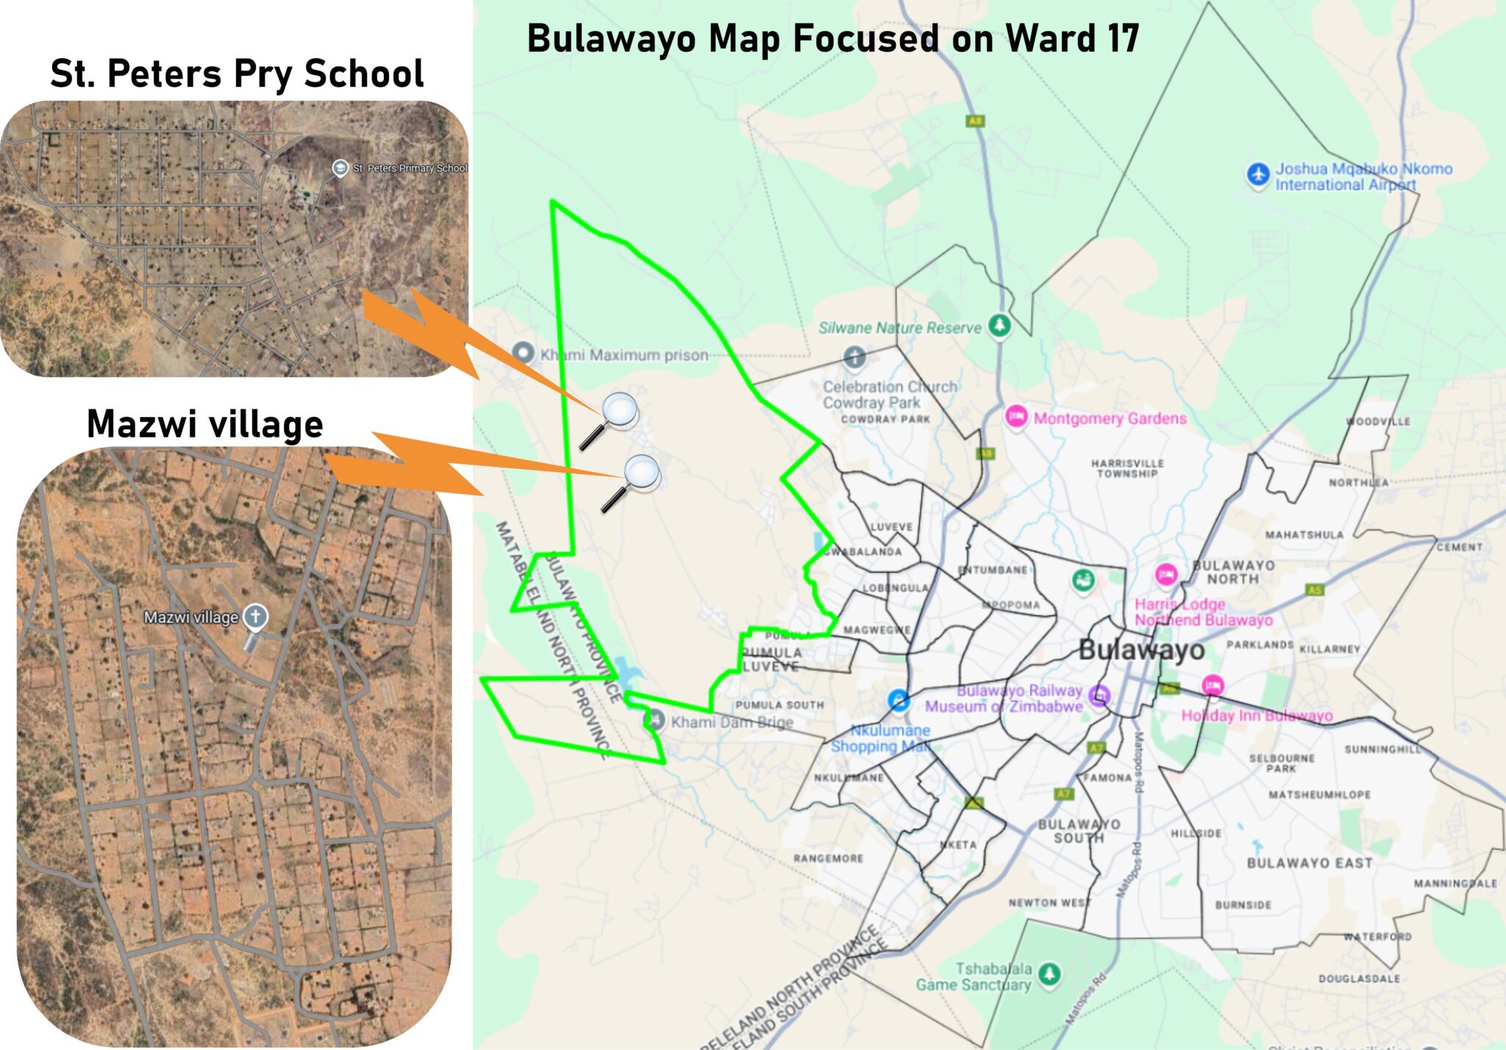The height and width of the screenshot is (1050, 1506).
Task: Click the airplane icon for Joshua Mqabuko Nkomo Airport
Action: [1258, 175]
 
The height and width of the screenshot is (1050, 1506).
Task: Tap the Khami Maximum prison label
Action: [624, 355]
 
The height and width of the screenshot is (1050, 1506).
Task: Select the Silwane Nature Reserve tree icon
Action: [999, 324]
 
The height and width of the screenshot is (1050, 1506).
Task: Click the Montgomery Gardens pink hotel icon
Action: [1016, 416]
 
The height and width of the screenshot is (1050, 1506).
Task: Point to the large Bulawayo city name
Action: [1141, 650]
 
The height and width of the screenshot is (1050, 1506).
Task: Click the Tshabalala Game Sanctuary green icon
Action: [1049, 974]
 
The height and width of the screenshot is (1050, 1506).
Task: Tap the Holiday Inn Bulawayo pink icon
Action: [1213, 685]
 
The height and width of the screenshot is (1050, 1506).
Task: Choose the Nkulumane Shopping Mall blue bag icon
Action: [898, 699]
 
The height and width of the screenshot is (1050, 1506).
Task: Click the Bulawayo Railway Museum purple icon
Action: [1099, 694]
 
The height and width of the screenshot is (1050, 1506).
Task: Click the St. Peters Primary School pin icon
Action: [340, 168]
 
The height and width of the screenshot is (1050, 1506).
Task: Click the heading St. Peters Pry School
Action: [237, 74]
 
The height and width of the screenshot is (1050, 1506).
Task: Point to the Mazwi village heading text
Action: [205, 424]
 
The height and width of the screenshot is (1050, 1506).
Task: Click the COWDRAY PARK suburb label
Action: [885, 419]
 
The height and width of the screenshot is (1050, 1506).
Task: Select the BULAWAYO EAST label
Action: [1310, 863]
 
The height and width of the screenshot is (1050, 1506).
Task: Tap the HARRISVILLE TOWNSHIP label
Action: [1127, 468]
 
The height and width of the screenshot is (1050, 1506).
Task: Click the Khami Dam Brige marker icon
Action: [654, 720]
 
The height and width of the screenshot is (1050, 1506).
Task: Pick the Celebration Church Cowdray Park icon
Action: [854, 358]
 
